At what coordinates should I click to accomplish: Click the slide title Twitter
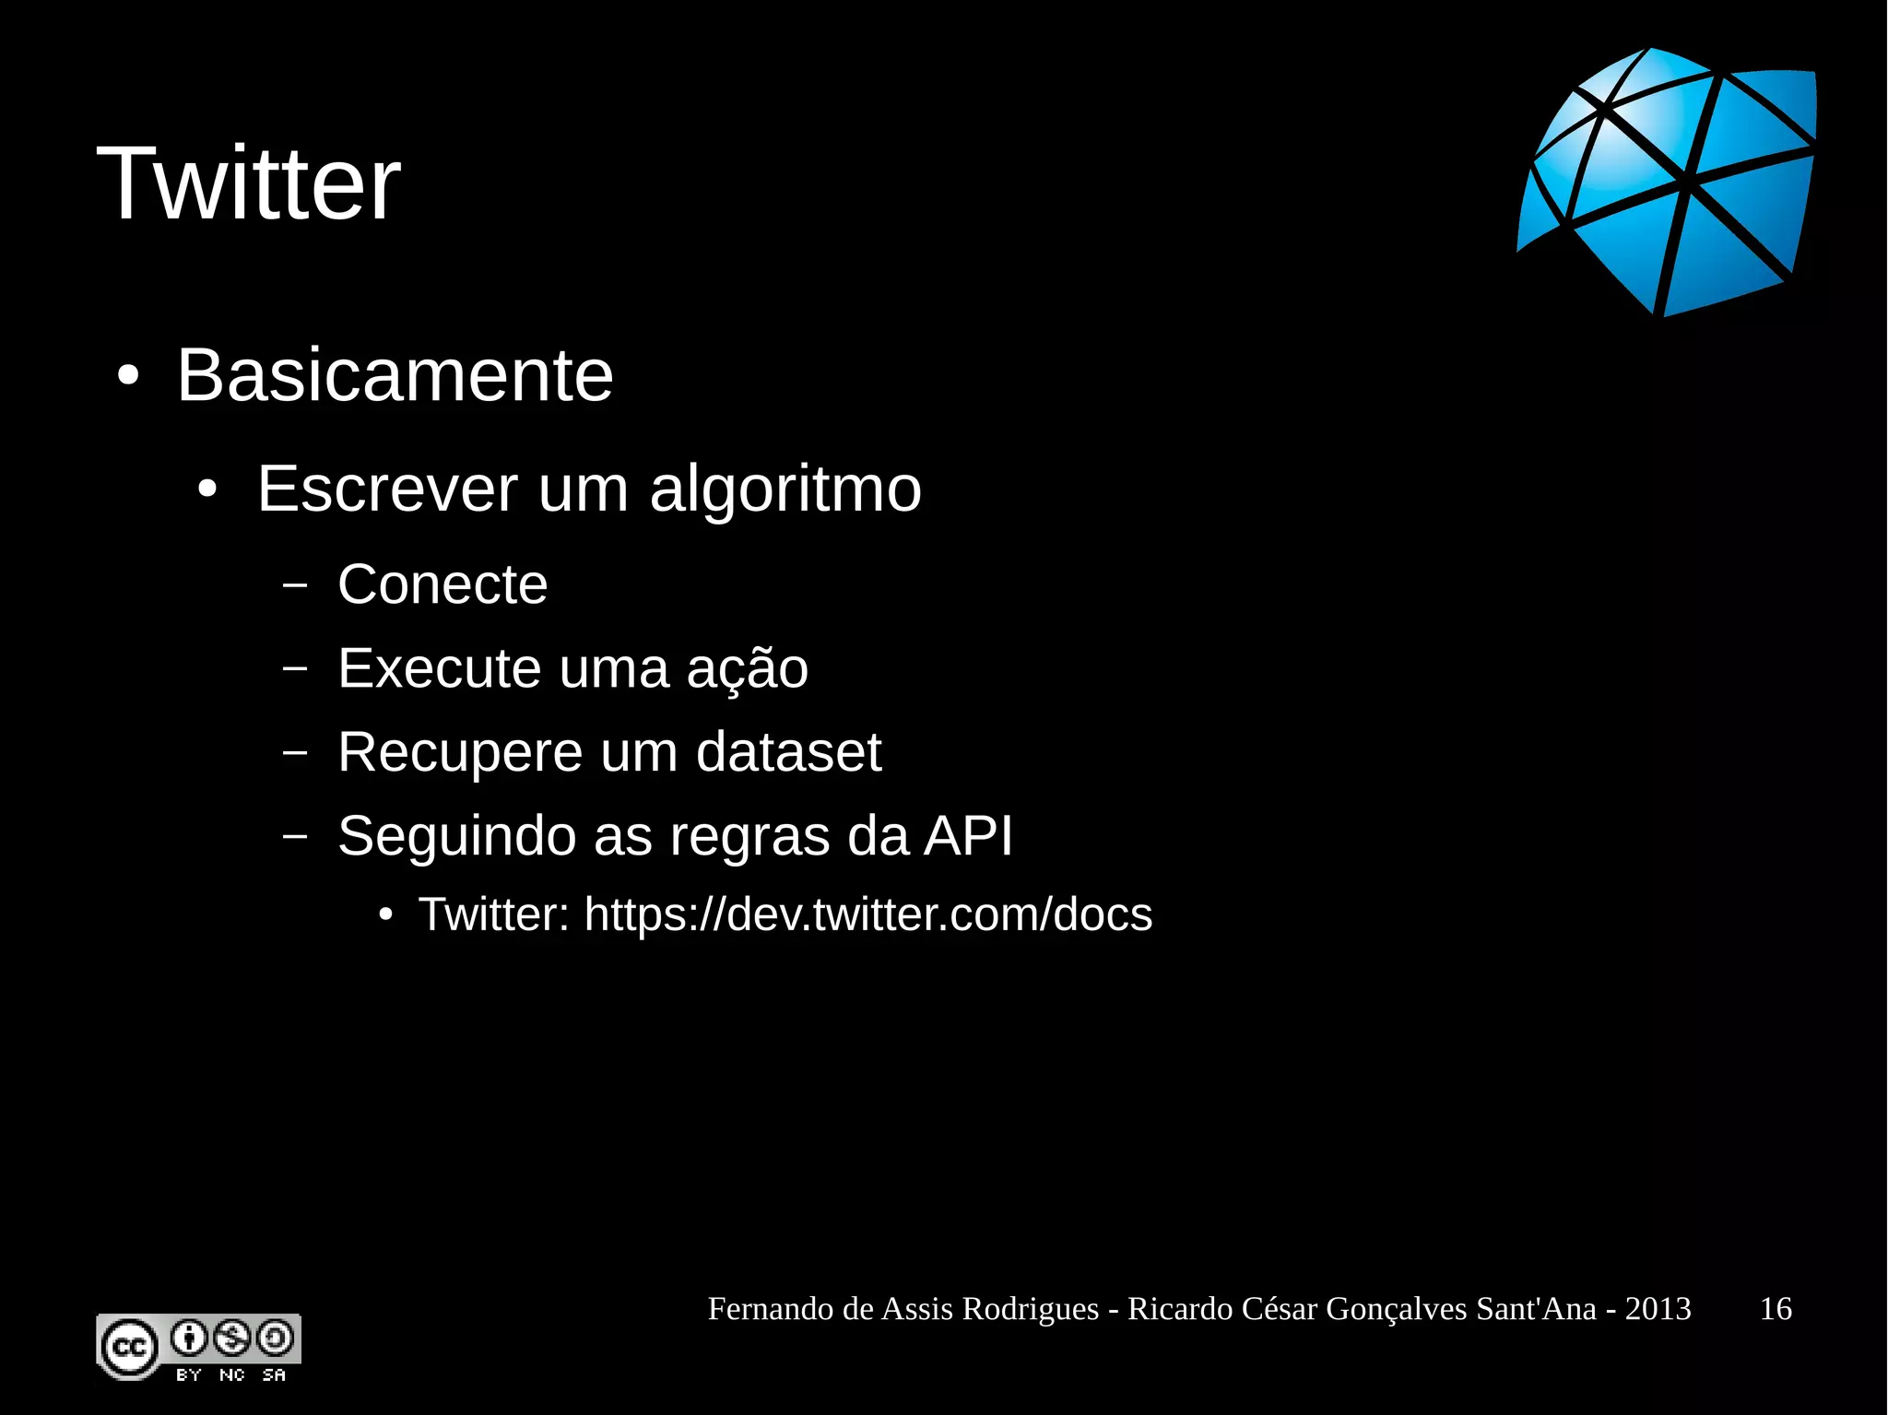tap(248, 183)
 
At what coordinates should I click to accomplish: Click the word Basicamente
tap(395, 375)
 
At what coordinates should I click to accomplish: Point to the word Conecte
tap(442, 584)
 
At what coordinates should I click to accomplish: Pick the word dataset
tap(788, 752)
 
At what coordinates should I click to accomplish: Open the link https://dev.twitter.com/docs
tap(868, 914)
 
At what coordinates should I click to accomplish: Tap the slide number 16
tap(1776, 1309)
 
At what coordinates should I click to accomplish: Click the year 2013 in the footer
tap(1658, 1309)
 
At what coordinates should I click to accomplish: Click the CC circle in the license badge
tap(129, 1348)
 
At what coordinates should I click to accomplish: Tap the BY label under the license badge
tap(189, 1374)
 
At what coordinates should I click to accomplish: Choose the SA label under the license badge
tap(274, 1374)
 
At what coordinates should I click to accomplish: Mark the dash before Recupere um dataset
tap(295, 752)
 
